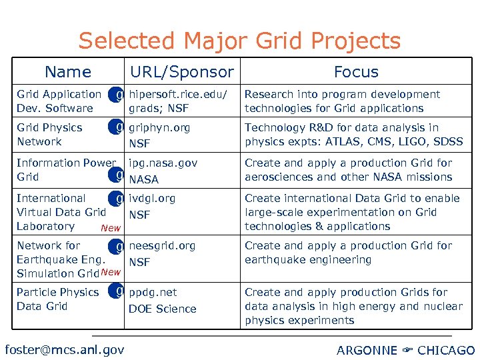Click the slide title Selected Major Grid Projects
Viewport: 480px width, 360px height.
coord(239,41)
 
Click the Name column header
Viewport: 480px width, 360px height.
coord(67,72)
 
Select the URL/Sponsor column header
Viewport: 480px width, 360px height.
coord(182,72)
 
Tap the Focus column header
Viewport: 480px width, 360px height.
coord(356,72)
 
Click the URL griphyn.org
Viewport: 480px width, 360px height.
coord(159,127)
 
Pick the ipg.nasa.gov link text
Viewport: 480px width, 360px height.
coord(163,163)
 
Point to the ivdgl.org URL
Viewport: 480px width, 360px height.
coord(153,198)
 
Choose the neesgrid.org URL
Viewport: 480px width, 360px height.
coord(162,245)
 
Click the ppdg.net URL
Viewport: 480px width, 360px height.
coord(153,292)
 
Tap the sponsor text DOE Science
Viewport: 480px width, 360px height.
coord(163,309)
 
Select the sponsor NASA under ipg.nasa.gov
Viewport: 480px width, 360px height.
coord(144,179)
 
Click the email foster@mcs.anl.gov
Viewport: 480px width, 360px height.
coord(64,349)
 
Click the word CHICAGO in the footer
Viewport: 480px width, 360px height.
coord(446,350)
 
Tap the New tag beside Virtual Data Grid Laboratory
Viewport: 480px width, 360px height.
coord(110,229)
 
